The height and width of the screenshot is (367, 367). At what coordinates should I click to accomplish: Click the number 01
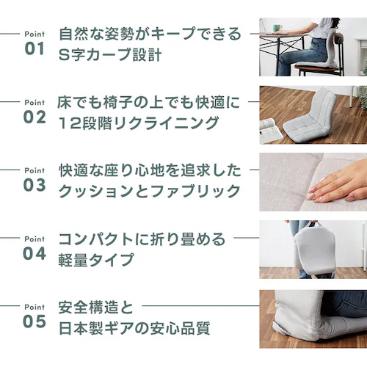tap(34, 48)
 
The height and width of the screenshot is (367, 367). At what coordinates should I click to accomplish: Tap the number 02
tap(34, 117)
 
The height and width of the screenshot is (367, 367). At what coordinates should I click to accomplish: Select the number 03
tap(34, 185)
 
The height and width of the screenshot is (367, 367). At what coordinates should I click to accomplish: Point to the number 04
tap(34, 253)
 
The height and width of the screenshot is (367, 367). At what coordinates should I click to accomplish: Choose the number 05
tap(34, 321)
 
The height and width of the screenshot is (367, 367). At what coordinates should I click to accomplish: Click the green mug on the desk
tap(277, 28)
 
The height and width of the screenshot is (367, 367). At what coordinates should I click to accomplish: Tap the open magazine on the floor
tap(271, 131)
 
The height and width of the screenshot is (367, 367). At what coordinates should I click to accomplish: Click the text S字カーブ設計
tap(110, 54)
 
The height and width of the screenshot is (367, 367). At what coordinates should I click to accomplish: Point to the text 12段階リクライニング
tap(139, 123)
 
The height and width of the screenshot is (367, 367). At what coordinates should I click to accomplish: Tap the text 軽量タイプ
tap(96, 259)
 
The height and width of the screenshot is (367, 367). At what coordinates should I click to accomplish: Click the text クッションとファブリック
tap(150, 191)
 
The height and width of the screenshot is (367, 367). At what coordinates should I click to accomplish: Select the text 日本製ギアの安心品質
tap(134, 328)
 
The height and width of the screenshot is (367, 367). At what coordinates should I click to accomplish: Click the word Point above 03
tap(34, 170)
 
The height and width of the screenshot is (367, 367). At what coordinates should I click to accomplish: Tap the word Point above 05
tap(34, 307)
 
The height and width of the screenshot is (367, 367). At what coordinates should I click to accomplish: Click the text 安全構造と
tap(95, 308)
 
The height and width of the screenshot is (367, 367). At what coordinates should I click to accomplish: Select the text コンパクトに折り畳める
tap(142, 239)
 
